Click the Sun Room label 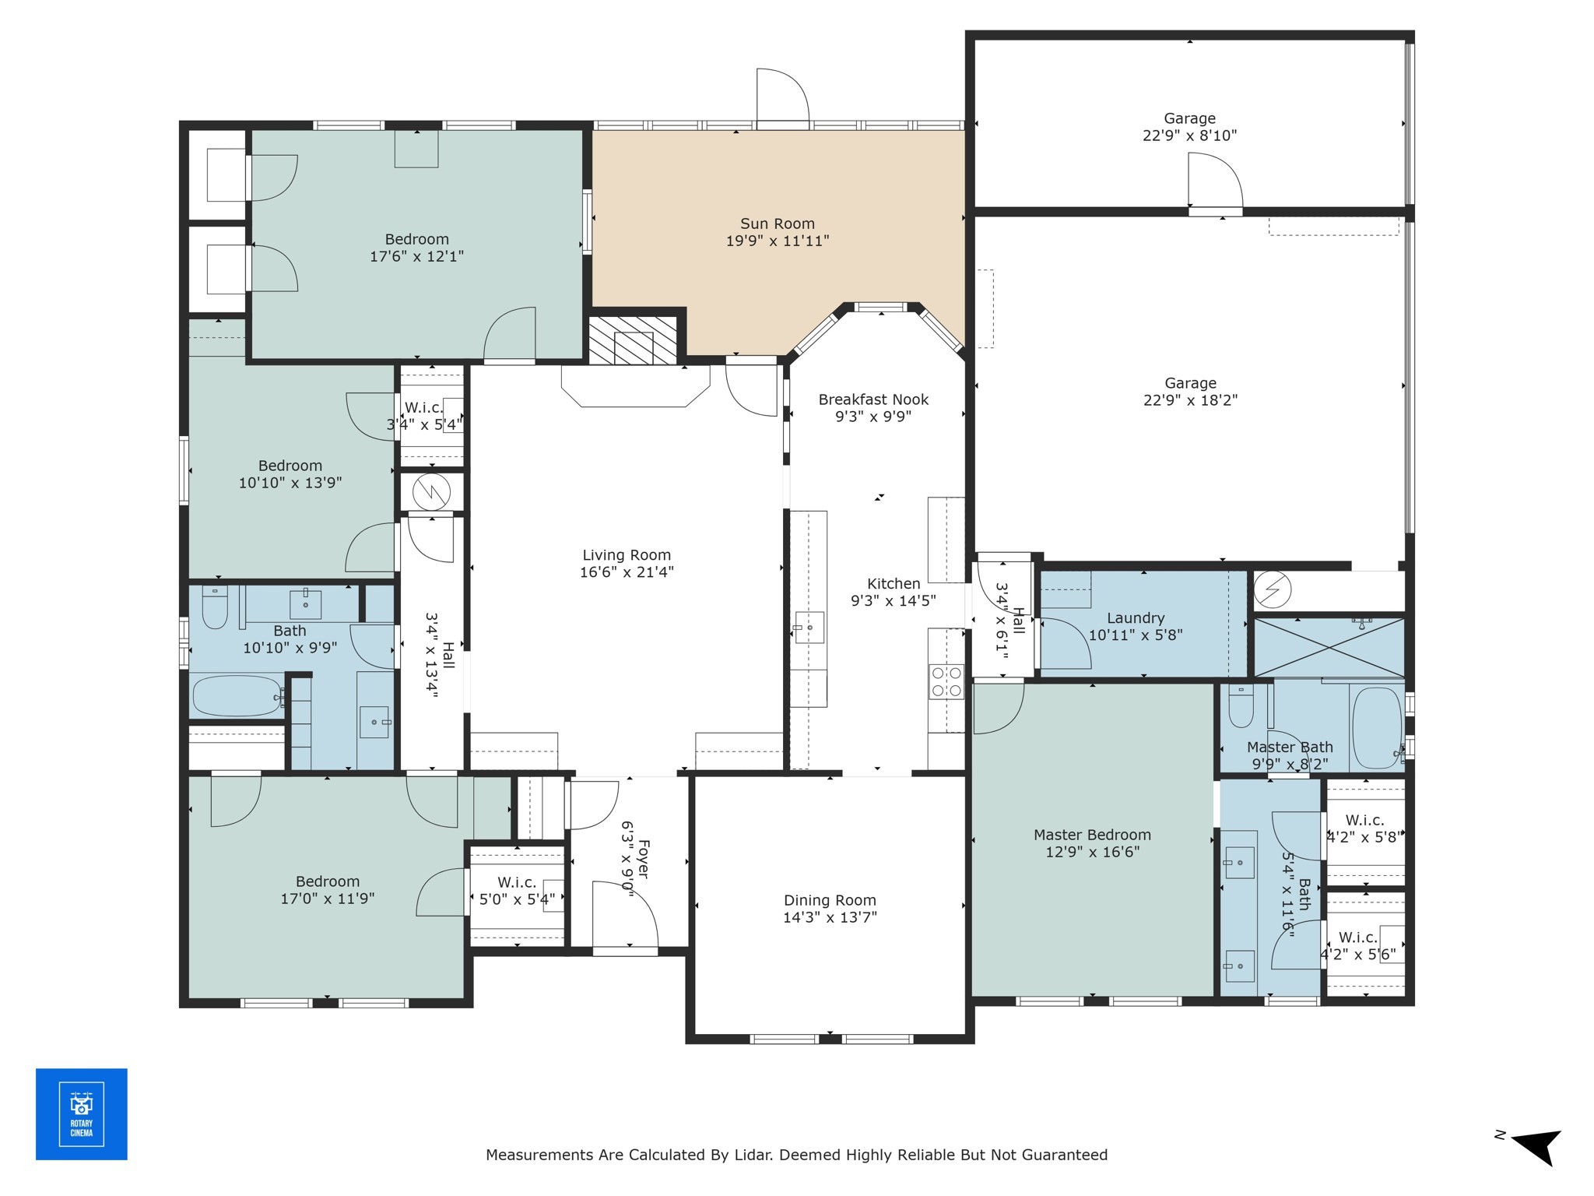(x=777, y=224)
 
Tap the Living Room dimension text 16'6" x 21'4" (x=627, y=572)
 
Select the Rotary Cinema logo (x=82, y=1114)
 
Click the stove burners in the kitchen (x=946, y=681)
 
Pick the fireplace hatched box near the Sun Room (x=633, y=340)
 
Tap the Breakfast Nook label (x=873, y=399)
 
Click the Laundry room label (x=1136, y=618)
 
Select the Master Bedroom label (x=1092, y=835)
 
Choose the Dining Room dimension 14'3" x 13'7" (x=830, y=917)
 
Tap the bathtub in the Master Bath (x=1377, y=728)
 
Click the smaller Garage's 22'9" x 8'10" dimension (x=1189, y=135)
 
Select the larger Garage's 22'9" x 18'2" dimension (x=1190, y=400)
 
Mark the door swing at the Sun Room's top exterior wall (x=783, y=97)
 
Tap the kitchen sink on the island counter (x=809, y=627)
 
